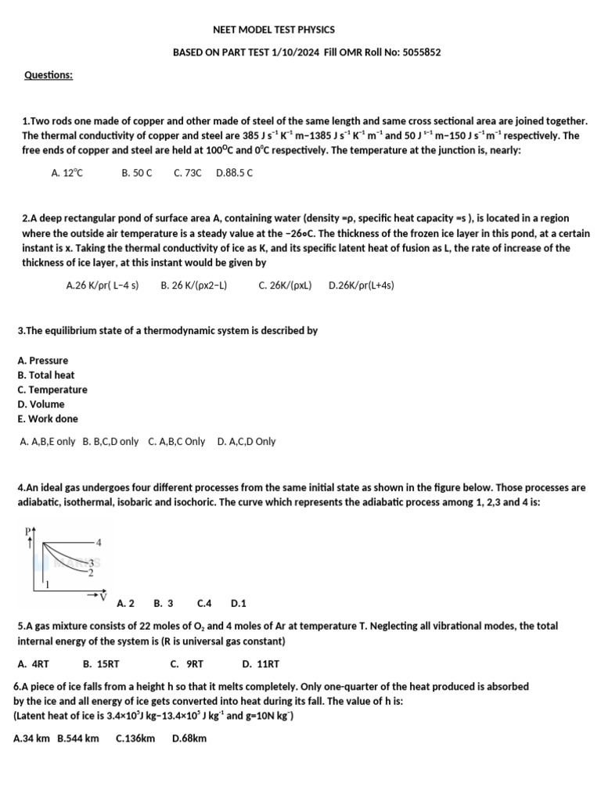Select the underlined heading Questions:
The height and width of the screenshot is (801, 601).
tap(49, 75)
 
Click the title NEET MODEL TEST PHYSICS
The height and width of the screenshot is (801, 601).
tap(274, 30)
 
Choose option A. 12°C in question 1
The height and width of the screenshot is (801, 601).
tap(67, 173)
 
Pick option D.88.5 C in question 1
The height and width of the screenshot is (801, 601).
tap(234, 173)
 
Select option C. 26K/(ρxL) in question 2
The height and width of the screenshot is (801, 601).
tap(285, 286)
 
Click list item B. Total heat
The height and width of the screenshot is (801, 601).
tap(46, 375)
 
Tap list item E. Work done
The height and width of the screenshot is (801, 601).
tap(48, 418)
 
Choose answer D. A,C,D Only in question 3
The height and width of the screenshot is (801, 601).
tap(247, 441)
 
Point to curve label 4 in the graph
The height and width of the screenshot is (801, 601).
tap(99, 541)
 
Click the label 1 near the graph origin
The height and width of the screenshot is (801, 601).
tap(48, 584)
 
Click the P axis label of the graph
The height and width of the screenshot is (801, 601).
tap(28, 532)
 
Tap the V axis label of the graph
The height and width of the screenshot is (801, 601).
tap(103, 597)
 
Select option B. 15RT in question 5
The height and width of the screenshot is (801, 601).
tap(101, 664)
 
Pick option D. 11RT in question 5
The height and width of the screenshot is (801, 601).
tap(261, 664)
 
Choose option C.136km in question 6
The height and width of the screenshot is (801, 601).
tap(135, 738)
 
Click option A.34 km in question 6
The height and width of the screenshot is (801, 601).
tap(33, 738)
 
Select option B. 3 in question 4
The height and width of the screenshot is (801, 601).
tap(164, 603)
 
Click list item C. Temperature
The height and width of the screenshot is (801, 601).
tap(52, 390)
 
